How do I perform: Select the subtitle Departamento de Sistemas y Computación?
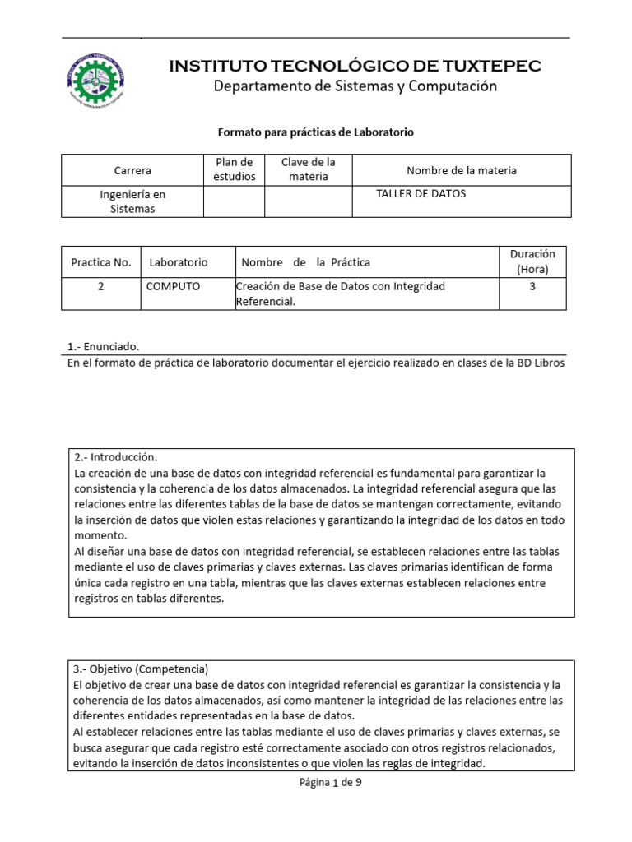point(355,87)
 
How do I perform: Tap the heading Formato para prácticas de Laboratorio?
point(315,132)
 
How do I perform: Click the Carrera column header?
point(133,170)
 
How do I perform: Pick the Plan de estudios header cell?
point(235,169)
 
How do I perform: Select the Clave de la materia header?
point(309,169)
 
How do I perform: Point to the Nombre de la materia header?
point(462,170)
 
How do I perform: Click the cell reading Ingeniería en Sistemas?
point(133,201)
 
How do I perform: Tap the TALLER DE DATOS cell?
point(421,194)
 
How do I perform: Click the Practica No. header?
point(101,262)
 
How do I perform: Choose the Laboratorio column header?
point(179,262)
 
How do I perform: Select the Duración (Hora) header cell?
point(532,261)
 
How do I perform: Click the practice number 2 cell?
point(100,287)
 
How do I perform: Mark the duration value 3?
point(532,287)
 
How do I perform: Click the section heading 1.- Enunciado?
point(108,346)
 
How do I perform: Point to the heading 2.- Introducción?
point(115,457)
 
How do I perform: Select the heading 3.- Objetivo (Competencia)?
point(142,669)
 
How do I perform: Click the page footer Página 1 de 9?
point(330,783)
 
